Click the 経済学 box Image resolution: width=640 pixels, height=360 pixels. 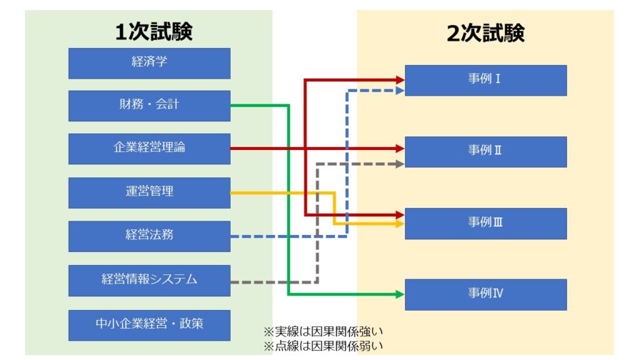[149, 62]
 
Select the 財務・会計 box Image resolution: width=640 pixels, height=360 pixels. [149, 105]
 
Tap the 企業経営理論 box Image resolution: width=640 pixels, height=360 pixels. [149, 149]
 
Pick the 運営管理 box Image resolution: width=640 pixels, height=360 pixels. [149, 192]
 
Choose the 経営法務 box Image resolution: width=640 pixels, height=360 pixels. [149, 236]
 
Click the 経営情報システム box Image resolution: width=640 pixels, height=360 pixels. [149, 280]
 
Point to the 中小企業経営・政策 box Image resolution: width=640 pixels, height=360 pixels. [149, 324]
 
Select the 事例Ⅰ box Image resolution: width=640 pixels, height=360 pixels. [486, 80]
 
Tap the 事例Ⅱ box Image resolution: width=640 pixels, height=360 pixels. [486, 151]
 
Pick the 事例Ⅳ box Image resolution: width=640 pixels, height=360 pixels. [486, 294]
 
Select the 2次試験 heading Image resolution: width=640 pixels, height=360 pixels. [486, 32]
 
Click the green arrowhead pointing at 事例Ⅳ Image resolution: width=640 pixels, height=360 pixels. [400, 294]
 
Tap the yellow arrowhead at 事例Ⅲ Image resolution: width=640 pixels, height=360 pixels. [400, 223]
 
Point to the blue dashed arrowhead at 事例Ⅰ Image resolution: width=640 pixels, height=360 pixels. [400, 91]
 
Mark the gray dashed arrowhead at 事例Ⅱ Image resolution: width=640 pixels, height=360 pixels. [400, 164]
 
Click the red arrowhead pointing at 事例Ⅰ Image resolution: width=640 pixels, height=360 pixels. [400, 79]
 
